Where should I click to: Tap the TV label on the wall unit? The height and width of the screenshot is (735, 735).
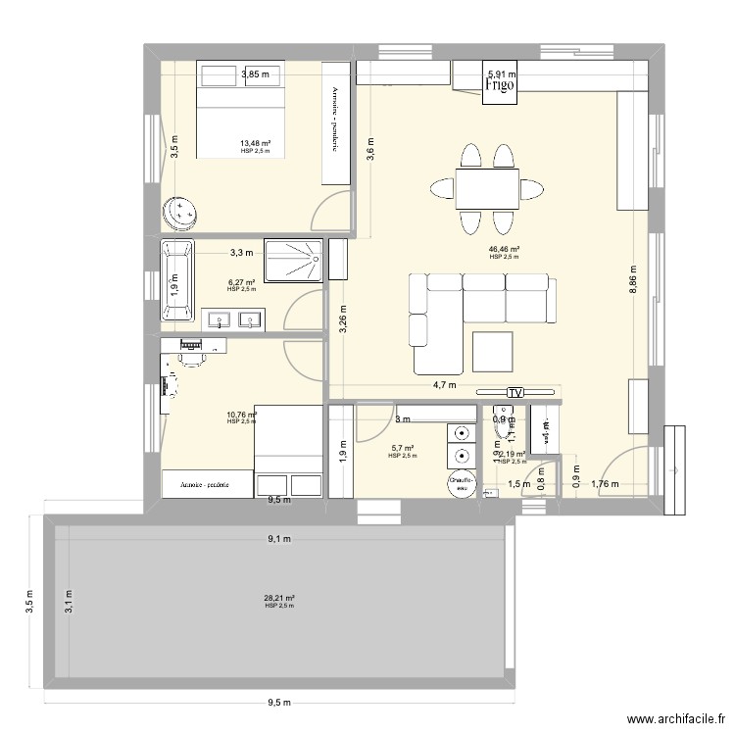514,393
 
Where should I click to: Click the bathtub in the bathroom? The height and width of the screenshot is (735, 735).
178,280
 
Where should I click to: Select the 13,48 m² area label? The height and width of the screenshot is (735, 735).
255,143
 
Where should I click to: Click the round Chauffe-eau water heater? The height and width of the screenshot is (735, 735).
462,481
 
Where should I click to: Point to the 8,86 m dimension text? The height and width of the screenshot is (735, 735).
633,284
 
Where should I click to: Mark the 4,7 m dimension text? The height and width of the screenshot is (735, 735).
421,386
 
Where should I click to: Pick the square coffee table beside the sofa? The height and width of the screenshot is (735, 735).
491,352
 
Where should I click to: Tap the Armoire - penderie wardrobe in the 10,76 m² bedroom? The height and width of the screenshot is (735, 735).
204,484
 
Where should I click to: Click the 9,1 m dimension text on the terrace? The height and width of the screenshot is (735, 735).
280,538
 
